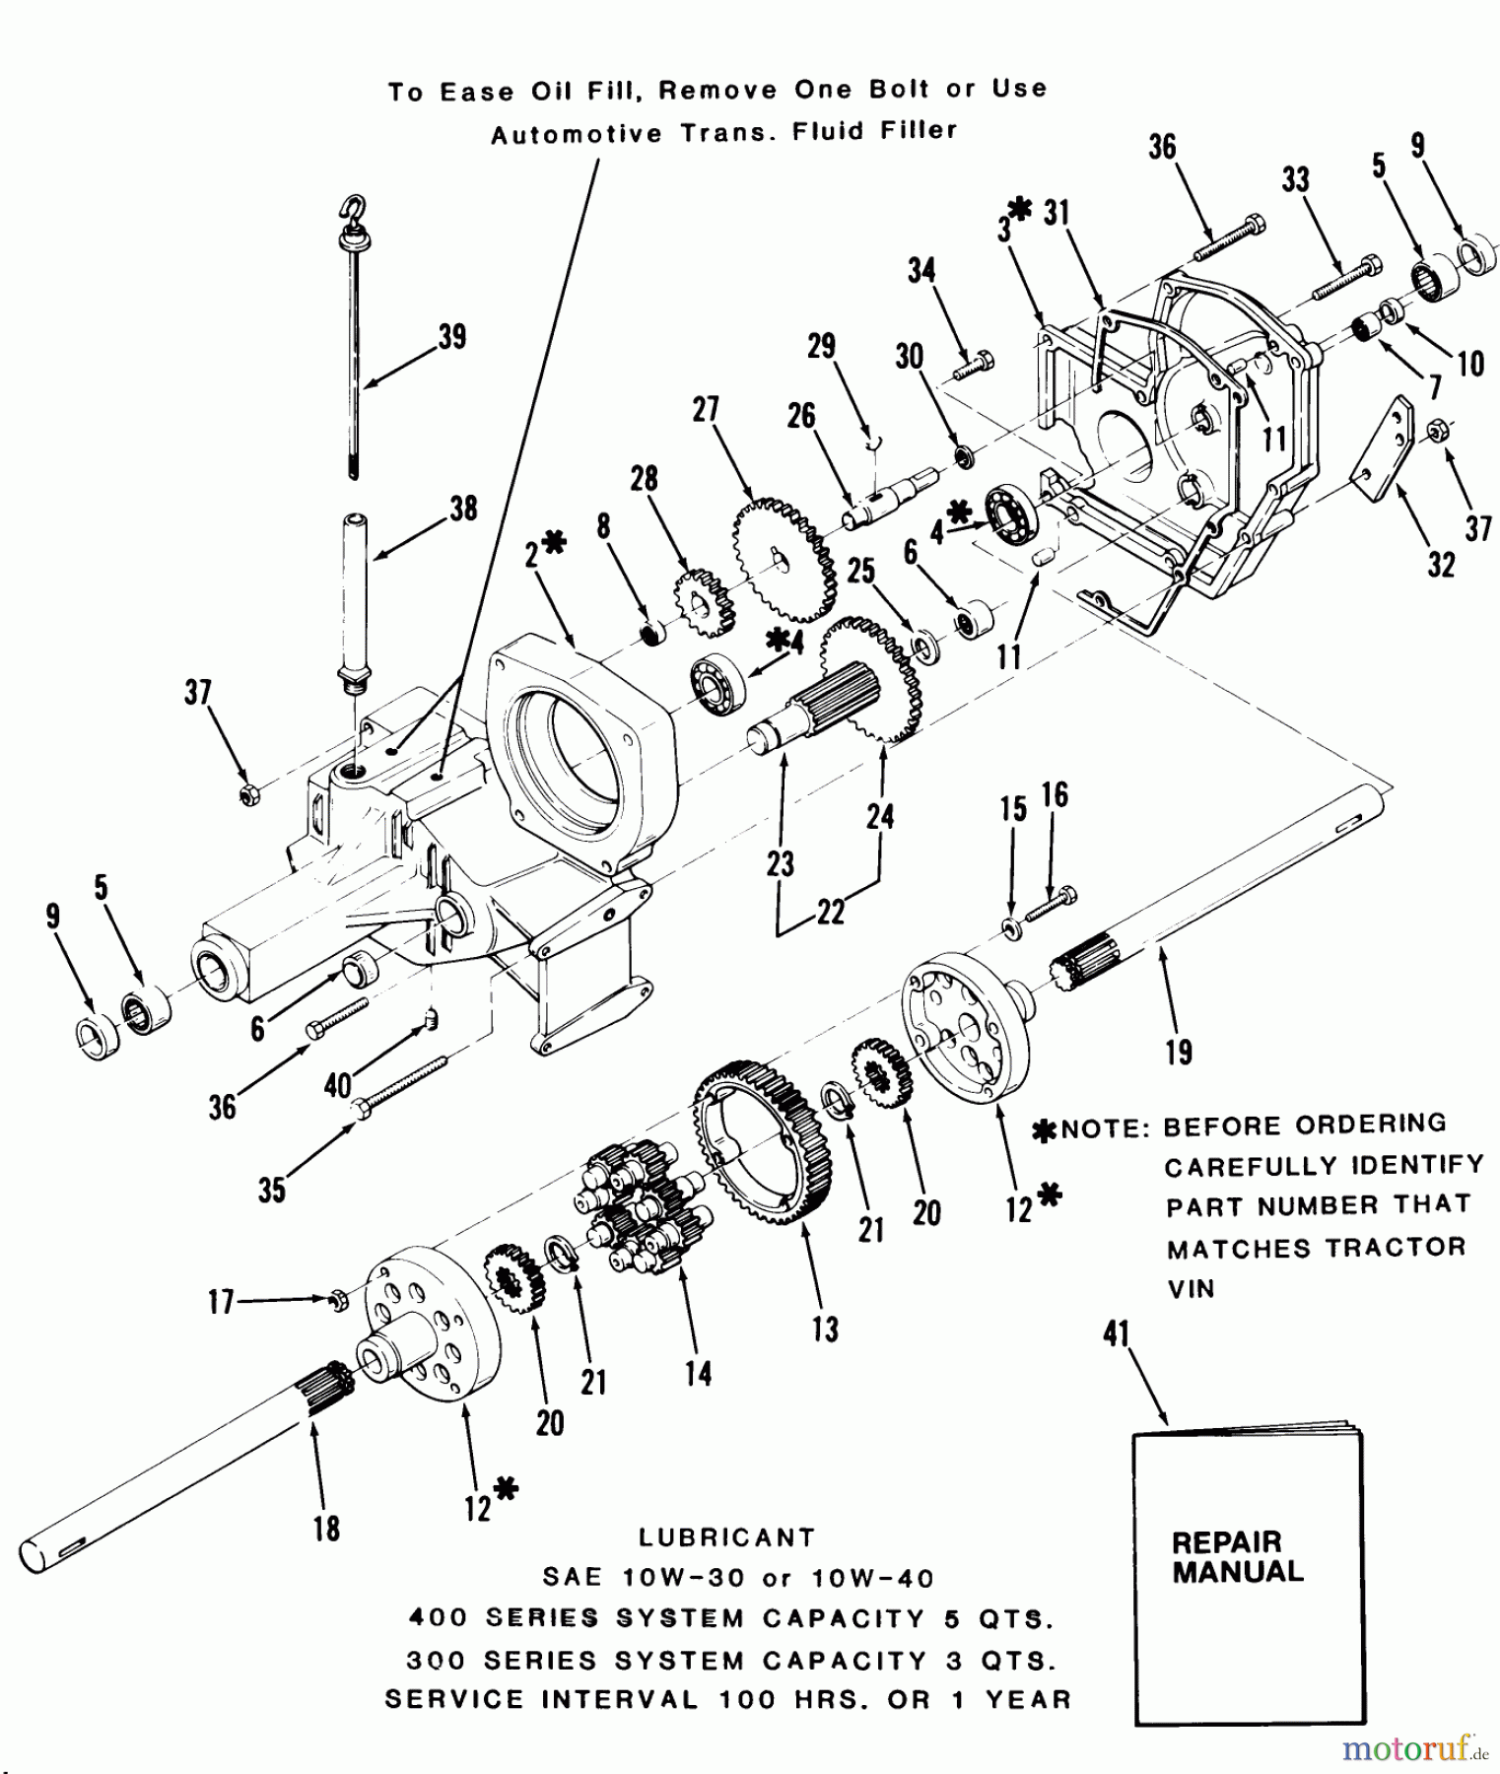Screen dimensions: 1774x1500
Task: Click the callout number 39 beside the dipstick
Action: coord(452,336)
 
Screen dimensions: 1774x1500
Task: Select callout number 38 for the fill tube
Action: coord(463,509)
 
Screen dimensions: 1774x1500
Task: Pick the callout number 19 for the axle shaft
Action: coord(1179,1052)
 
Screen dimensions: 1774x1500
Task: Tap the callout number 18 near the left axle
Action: coord(326,1529)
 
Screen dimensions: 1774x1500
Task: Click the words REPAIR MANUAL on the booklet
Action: coord(1237,1556)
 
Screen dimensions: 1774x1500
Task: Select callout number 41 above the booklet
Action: coord(1116,1334)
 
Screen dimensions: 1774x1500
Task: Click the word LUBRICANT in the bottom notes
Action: coord(726,1537)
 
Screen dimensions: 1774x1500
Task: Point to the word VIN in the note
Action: coord(1191,1288)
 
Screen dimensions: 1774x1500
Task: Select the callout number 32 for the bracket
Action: coord(1441,565)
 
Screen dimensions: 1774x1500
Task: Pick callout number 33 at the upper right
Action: coord(1296,179)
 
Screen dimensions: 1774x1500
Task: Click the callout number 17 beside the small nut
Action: coord(221,1302)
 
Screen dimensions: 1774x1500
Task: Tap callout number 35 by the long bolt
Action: coord(272,1190)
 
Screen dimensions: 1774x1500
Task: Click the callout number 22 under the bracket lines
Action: coord(831,912)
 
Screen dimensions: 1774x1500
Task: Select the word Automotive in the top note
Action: coord(577,134)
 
